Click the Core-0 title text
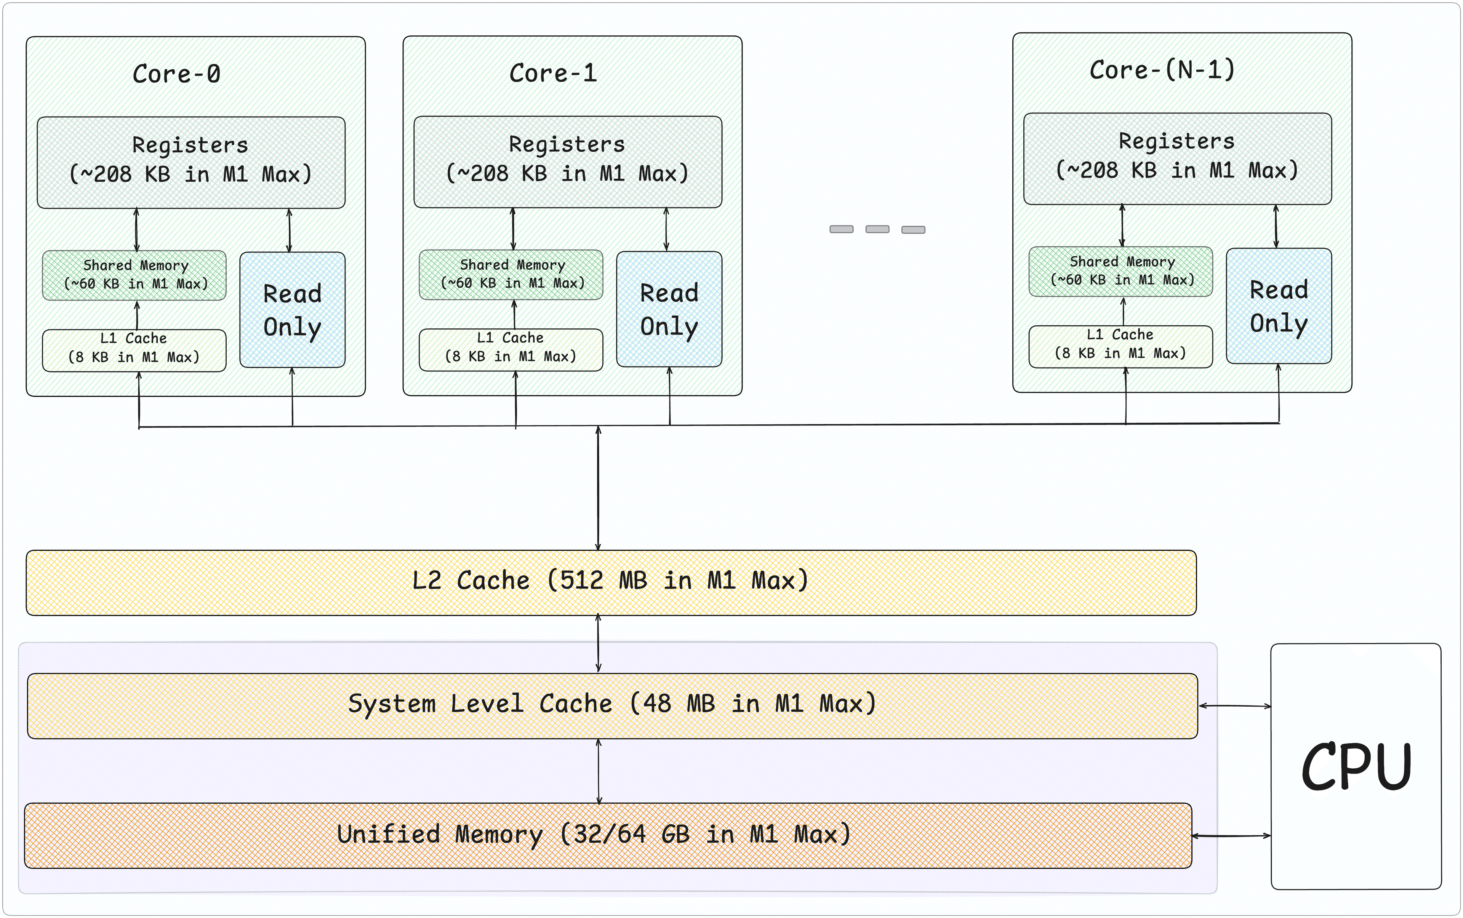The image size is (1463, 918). (176, 74)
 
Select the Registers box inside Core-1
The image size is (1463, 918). (567, 162)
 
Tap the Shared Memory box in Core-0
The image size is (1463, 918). (134, 275)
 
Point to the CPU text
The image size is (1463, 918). (1356, 767)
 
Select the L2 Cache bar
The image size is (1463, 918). (610, 582)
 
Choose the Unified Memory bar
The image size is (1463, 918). (607, 835)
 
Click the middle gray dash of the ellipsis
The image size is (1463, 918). (877, 229)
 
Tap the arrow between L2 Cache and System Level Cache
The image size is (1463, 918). (598, 644)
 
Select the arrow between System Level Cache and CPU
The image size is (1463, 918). (1234, 705)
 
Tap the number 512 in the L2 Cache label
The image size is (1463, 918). (581, 581)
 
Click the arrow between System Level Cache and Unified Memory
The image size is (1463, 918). (599, 771)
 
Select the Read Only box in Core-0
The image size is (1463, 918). (292, 310)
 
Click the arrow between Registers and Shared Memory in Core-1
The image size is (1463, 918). (513, 229)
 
